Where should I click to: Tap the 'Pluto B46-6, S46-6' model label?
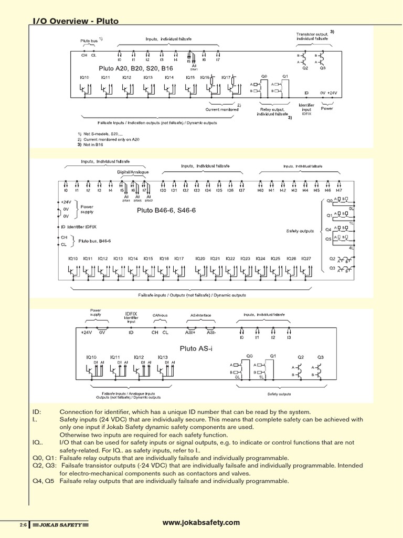click(166, 210)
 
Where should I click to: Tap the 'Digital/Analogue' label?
click(132, 172)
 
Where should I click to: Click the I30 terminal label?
click(163, 190)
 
